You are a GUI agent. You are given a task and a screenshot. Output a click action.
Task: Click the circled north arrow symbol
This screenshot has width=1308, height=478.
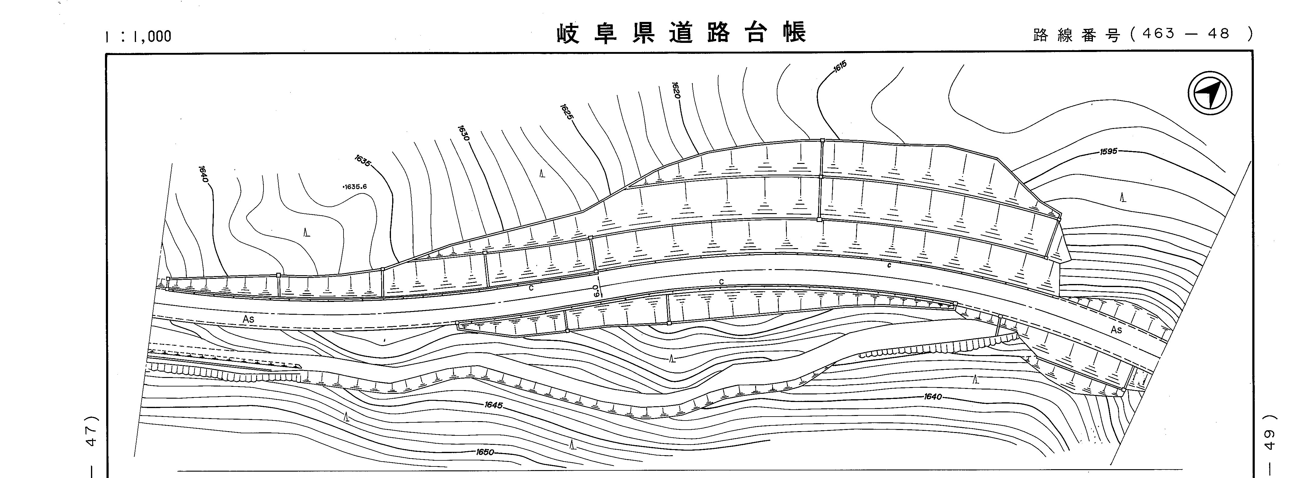point(1210,93)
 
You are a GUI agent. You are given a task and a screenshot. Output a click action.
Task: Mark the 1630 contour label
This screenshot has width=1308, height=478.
point(463,133)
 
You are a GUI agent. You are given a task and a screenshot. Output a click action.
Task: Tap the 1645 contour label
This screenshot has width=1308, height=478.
point(493,405)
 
